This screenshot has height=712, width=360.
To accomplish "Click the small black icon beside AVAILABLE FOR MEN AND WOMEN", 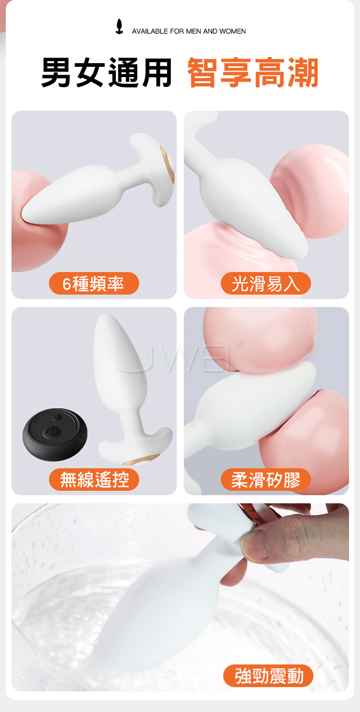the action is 119,27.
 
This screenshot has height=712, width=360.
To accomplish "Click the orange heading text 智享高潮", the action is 253,72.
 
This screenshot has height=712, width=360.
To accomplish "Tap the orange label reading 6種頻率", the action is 94,283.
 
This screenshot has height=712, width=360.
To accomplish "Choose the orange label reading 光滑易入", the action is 266,283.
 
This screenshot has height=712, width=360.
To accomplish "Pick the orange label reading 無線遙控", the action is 94,479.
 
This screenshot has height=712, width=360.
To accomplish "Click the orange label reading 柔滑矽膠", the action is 266,479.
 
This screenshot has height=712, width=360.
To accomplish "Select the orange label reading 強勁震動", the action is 268,676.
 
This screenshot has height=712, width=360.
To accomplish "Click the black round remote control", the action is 55,434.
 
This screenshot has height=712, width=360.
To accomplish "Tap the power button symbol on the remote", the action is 50,432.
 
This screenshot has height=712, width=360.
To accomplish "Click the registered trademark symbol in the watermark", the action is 238,342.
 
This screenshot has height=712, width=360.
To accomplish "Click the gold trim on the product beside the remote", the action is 140,459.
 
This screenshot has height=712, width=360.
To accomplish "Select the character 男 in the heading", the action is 57,72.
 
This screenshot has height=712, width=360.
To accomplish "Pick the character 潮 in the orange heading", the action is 303,72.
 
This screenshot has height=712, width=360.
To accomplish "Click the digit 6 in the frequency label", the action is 66,284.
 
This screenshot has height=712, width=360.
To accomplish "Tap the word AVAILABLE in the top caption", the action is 150,31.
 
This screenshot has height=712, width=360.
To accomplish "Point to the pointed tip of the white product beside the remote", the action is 104,316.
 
